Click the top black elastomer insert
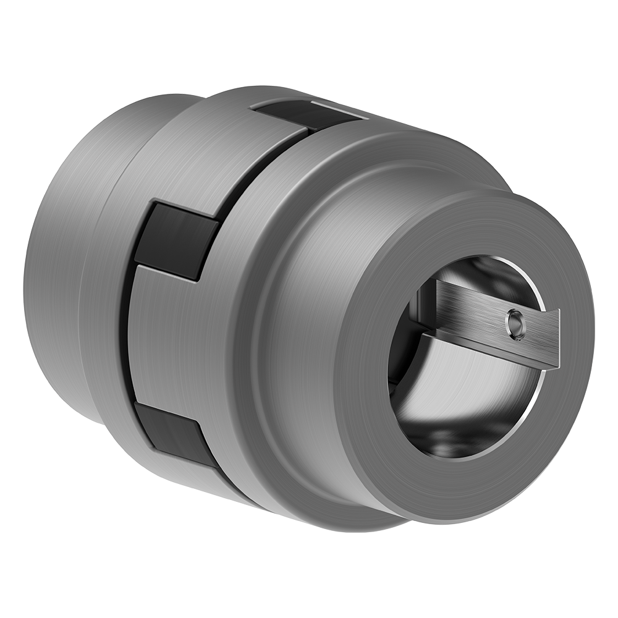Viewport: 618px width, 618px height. [x=290, y=115]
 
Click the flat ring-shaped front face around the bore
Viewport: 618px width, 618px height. [x=482, y=470]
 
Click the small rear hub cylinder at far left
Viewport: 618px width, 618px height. [x=56, y=260]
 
